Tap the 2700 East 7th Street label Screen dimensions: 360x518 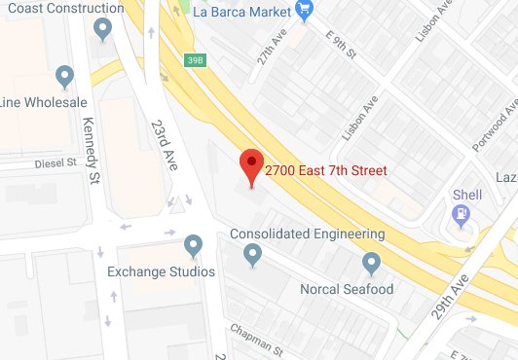pos(326,171)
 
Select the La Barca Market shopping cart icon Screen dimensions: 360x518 pos(306,12)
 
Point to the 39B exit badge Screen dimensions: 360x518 pos(195,60)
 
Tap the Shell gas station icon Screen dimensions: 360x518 pos(462,212)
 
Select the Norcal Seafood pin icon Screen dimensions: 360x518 pos(371,263)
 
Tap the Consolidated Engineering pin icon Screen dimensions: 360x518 pos(253,255)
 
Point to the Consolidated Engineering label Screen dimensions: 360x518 pos(307,234)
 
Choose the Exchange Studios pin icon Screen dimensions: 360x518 pos(193,245)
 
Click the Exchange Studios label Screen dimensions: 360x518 pos(161,271)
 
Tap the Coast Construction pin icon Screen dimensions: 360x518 pos(103,31)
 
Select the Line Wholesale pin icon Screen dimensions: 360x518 pos(65,75)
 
